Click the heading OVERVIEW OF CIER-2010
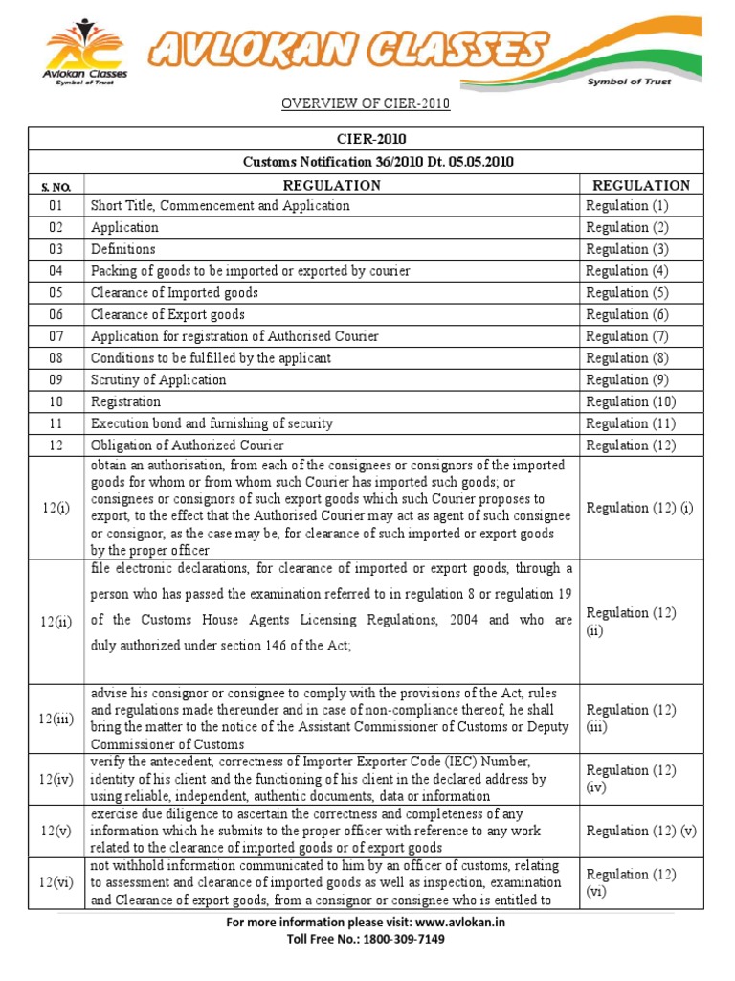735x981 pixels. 365,103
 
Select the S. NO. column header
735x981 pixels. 56,186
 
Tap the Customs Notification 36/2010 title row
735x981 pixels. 378,162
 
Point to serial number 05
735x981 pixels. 56,293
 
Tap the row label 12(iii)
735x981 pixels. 56,719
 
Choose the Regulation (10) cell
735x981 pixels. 631,401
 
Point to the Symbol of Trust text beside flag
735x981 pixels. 629,82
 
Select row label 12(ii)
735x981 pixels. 56,621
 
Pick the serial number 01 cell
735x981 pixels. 56,206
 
